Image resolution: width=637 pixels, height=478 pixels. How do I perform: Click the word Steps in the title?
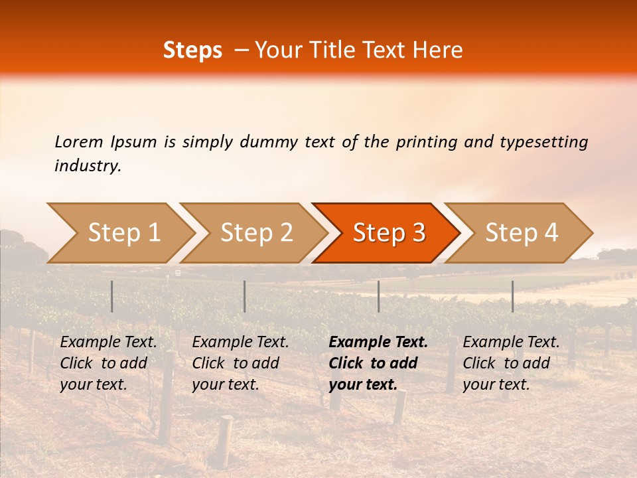coord(192,50)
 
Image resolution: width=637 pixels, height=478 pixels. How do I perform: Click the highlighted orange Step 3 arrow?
coord(389,232)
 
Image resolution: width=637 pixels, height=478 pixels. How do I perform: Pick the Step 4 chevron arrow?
coord(522,232)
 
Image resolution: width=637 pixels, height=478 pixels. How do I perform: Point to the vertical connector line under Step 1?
coord(112,296)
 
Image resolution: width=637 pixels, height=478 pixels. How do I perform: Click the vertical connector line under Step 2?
coord(245,296)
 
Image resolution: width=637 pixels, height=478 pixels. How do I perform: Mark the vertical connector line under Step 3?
coord(379,296)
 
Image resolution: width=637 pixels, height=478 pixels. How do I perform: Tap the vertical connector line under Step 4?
coord(513,296)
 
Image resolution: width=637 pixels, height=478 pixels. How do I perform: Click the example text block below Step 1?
coord(108,363)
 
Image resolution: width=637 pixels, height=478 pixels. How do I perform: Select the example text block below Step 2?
coord(240,363)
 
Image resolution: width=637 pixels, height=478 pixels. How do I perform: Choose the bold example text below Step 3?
coord(378,363)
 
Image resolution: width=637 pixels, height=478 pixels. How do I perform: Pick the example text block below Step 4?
coord(511,363)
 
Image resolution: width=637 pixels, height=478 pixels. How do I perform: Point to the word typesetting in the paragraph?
coord(543,142)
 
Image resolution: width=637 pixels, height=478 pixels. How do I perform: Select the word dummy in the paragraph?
coord(271,142)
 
